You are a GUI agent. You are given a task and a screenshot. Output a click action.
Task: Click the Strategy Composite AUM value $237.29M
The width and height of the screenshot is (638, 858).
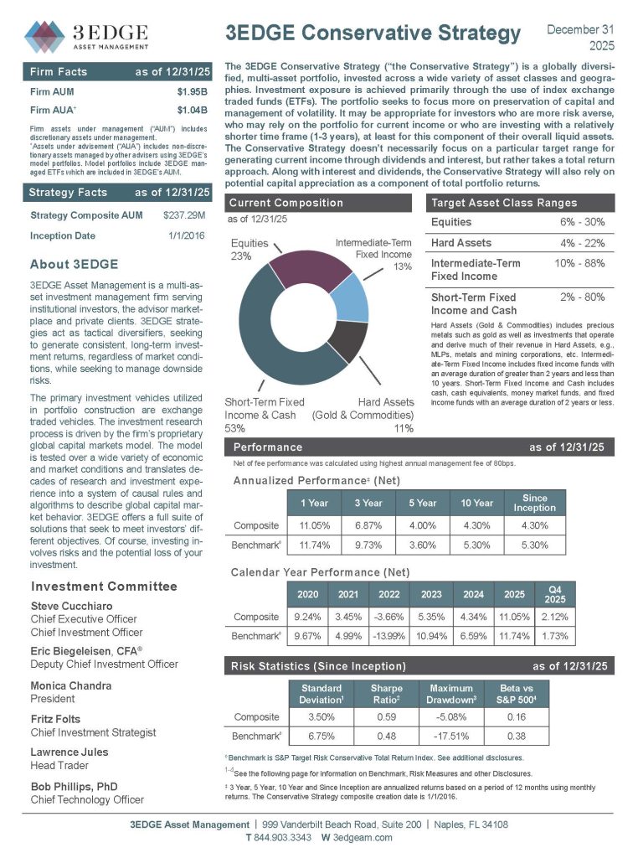186,216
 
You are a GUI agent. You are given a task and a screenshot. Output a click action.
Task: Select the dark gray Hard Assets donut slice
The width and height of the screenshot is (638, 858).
347,339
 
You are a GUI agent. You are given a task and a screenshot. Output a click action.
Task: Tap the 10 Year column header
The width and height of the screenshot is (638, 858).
476,503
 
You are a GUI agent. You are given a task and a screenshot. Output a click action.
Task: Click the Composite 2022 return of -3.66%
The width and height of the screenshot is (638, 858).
388,617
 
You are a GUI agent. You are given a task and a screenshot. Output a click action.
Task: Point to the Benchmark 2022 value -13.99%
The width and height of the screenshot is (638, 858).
388,636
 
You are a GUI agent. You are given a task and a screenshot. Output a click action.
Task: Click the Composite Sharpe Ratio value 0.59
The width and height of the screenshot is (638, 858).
381,717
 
